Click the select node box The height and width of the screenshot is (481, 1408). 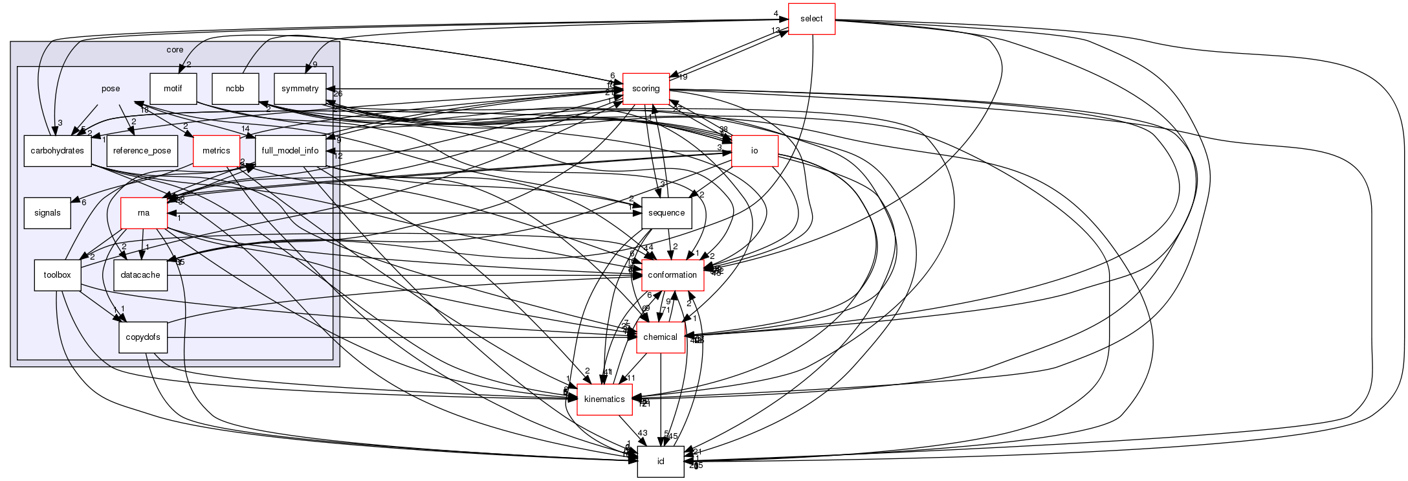point(811,19)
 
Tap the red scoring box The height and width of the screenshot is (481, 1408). point(646,89)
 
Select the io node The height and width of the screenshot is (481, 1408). point(754,151)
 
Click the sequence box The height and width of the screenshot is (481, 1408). point(666,213)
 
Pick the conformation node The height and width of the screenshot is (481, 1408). point(672,275)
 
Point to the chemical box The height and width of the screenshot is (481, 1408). point(661,337)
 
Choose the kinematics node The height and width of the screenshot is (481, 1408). point(604,399)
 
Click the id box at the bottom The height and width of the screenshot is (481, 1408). point(661,462)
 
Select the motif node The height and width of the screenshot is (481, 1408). point(173,89)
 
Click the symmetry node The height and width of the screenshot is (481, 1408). point(300,89)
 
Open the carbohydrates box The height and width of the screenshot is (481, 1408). point(58,151)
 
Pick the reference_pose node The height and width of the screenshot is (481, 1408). point(142,151)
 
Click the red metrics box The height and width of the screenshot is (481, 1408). point(216,151)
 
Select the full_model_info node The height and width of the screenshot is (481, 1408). point(290,151)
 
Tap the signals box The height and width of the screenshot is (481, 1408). point(47,213)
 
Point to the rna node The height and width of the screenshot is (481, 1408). point(144,213)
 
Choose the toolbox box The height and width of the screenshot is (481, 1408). point(57,275)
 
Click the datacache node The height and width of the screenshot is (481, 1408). point(140,275)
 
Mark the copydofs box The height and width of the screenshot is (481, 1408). point(143,337)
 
